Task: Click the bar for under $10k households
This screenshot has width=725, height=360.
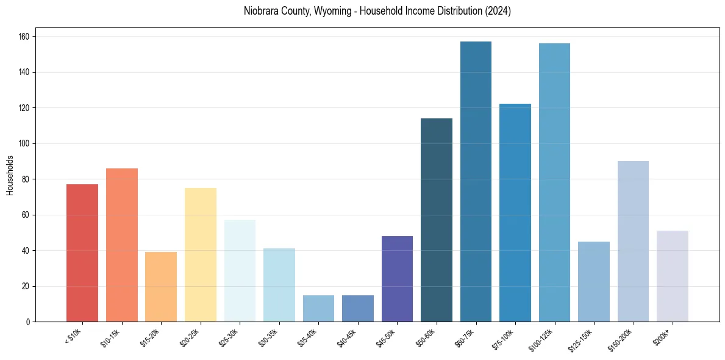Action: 82,253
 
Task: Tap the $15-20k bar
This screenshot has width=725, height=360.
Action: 161,287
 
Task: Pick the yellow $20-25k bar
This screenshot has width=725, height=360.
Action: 201,255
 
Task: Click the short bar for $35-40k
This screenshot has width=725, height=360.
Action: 318,309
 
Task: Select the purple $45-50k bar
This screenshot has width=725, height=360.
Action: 397,279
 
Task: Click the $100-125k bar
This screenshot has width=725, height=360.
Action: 554,183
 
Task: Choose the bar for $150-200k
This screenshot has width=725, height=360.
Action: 633,242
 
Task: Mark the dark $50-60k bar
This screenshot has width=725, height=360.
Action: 437,220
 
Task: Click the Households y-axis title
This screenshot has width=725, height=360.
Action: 10,175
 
